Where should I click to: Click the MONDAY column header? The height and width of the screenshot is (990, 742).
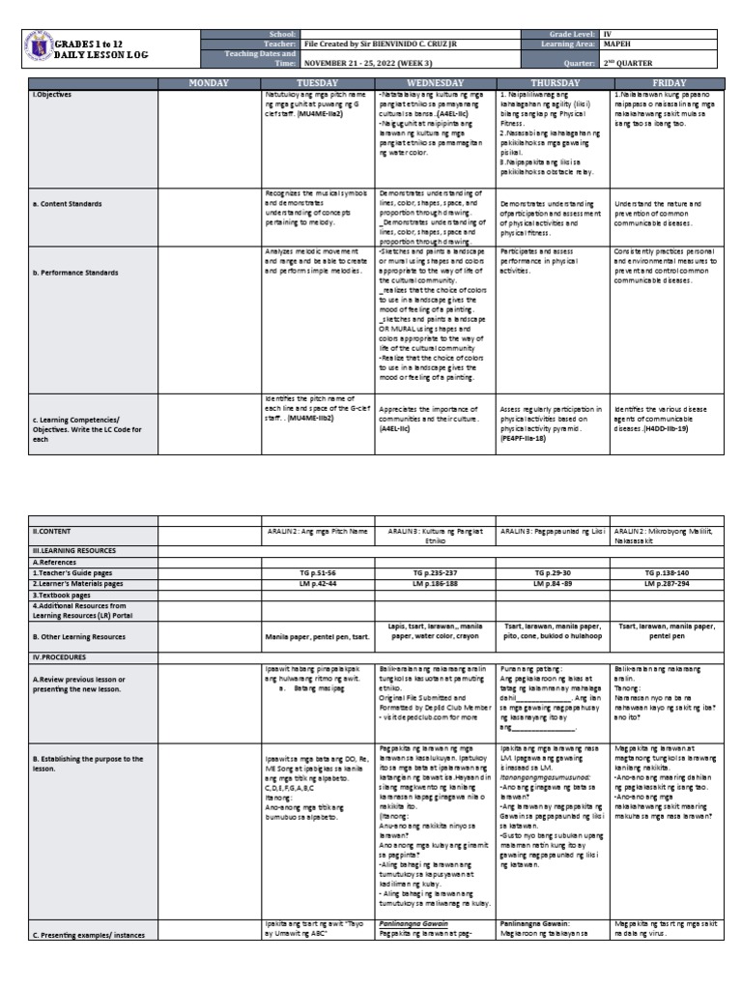[209, 83]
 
